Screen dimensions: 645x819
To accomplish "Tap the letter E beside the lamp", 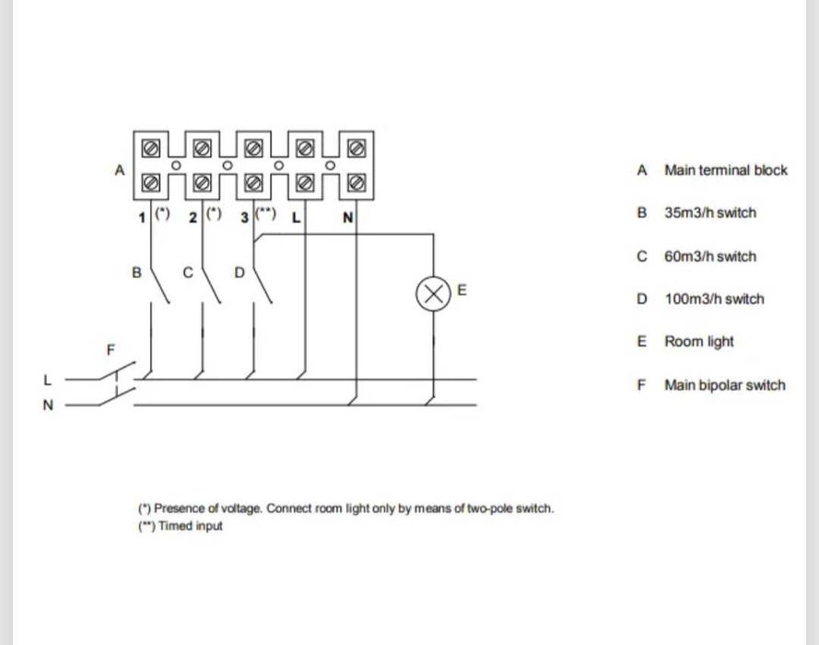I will tap(462, 289).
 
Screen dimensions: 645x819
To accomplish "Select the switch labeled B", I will tap(158, 287).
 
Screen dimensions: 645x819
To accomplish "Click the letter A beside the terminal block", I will tap(119, 170).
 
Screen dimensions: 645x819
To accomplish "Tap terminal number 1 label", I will tap(142, 218).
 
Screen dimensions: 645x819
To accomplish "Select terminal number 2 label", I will tap(192, 218).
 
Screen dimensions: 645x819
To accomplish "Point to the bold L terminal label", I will tap(296, 218).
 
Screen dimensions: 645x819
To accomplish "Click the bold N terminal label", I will tap(347, 218).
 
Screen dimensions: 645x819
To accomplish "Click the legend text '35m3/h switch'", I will tap(709, 213).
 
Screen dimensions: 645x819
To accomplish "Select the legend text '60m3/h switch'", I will tap(709, 256).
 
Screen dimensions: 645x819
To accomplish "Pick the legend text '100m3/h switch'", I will tap(714, 299).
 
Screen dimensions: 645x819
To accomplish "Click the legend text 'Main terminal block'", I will tap(726, 170).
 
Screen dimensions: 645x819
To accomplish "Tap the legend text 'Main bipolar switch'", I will tap(725, 385).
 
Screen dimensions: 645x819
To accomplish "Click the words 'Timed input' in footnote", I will tap(191, 526).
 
